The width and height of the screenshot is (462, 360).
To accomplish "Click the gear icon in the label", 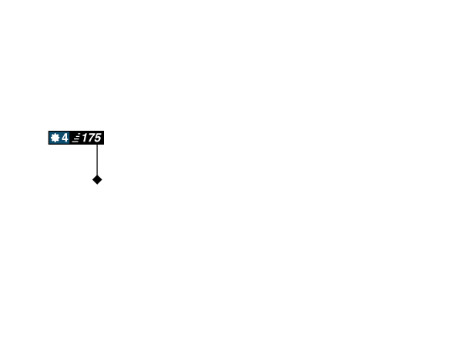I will [55, 138].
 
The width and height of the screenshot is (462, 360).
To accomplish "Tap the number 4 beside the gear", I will [65, 138].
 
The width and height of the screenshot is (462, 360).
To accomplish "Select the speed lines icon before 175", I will [75, 138].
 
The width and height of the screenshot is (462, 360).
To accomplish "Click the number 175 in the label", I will [91, 138].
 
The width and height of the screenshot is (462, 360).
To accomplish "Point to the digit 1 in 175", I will [84, 138].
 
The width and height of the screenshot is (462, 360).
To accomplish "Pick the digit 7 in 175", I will [90, 138].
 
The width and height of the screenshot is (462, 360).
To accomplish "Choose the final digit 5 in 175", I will [97, 138].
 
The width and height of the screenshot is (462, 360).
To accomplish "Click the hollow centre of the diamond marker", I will [97, 180].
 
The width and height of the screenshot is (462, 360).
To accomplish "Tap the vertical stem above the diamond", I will [97, 159].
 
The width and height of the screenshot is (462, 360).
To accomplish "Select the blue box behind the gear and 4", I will [59, 138].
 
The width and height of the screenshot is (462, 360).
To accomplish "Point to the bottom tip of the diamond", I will [97, 186].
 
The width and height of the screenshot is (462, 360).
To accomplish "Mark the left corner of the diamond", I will [91, 180].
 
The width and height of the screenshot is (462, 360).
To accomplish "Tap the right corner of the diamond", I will [103, 180].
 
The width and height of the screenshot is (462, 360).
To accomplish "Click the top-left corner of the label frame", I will [48, 130].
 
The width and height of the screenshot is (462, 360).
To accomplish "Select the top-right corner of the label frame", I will [105, 130].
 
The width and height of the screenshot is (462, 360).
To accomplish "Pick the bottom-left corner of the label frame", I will [48, 145].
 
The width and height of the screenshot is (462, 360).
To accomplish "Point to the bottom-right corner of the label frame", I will [105, 145].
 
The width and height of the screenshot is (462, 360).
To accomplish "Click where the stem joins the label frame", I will [97, 145].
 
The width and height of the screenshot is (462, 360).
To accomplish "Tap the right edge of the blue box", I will [69, 138].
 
